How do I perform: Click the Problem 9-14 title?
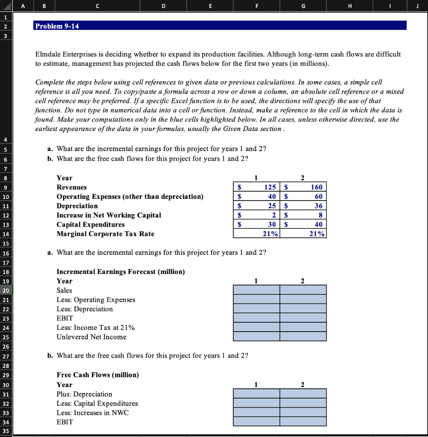[x=57, y=26]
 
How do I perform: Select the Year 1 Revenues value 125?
[x=269, y=187]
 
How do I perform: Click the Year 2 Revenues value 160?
[x=317, y=187]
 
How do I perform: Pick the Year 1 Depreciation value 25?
[x=272, y=206]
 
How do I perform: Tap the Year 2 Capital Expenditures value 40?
[x=318, y=224]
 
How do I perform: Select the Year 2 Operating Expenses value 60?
[x=318, y=197]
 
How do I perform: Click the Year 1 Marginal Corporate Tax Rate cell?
[x=256, y=234]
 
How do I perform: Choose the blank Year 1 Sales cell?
[x=256, y=290]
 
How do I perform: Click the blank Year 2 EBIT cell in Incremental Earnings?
[x=303, y=318]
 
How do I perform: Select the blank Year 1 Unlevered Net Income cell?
[x=256, y=337]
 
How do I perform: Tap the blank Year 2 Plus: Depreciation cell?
[x=303, y=394]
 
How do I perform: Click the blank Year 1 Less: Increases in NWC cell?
[x=256, y=413]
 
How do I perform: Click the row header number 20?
[x=6, y=290]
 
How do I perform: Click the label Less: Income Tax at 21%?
[x=96, y=328]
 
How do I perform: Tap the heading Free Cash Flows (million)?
[x=98, y=375]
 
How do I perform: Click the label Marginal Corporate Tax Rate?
[x=106, y=234]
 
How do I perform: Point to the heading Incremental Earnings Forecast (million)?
[x=121, y=271]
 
